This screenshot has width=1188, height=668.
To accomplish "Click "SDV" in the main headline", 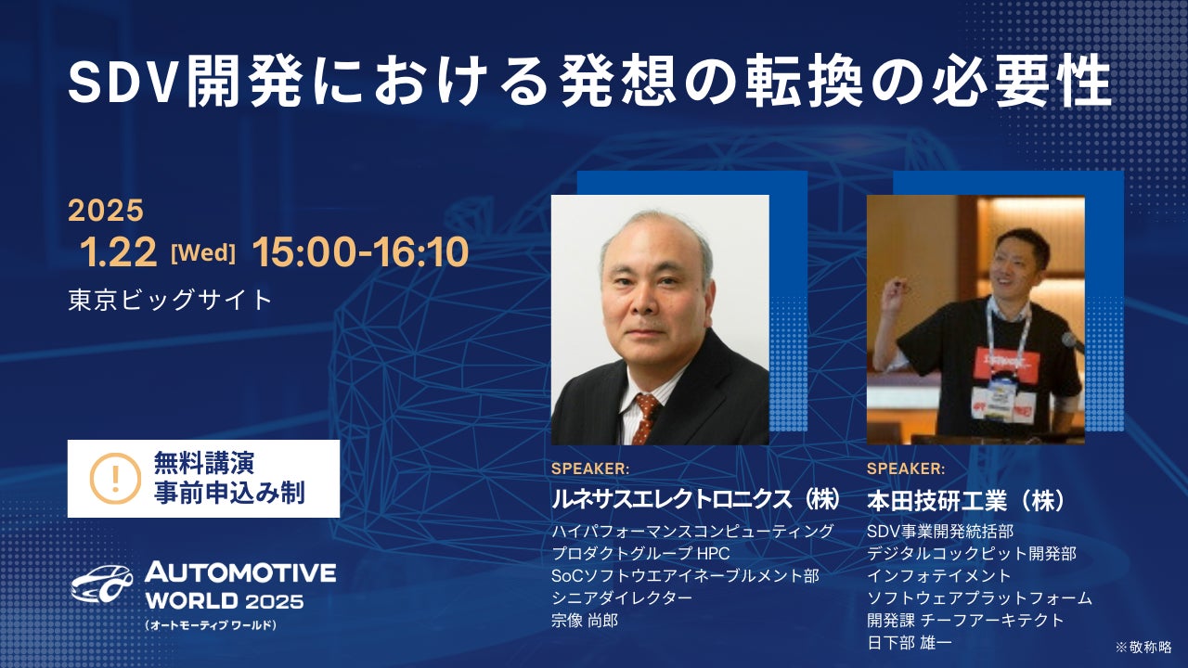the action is pos(122,83).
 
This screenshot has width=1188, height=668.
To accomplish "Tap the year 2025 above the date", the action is pos(106,210).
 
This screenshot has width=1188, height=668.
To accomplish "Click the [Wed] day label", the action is pos(203,253).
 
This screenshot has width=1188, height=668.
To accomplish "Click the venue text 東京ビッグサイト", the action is pos(170,300).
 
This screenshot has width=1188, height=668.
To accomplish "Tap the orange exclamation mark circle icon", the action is pos(115,478).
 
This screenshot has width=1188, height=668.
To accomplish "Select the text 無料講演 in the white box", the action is pos(203,463).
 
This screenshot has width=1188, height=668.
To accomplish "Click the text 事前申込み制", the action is pos(229,493).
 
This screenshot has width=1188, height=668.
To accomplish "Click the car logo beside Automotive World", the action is pos(102,584).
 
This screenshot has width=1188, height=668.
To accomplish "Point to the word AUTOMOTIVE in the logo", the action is pos(240,572).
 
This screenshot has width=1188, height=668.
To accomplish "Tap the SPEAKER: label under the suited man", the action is pos(590,469).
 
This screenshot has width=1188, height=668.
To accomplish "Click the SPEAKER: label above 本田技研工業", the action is pos(906,469).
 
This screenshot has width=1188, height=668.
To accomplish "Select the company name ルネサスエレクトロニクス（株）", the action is pos(696,500).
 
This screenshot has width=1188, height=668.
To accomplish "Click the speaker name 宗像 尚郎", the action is pos(585,621).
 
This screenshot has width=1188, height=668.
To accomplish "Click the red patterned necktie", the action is pos(645,417).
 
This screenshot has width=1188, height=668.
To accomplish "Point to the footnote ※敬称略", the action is pos(1143,647).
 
